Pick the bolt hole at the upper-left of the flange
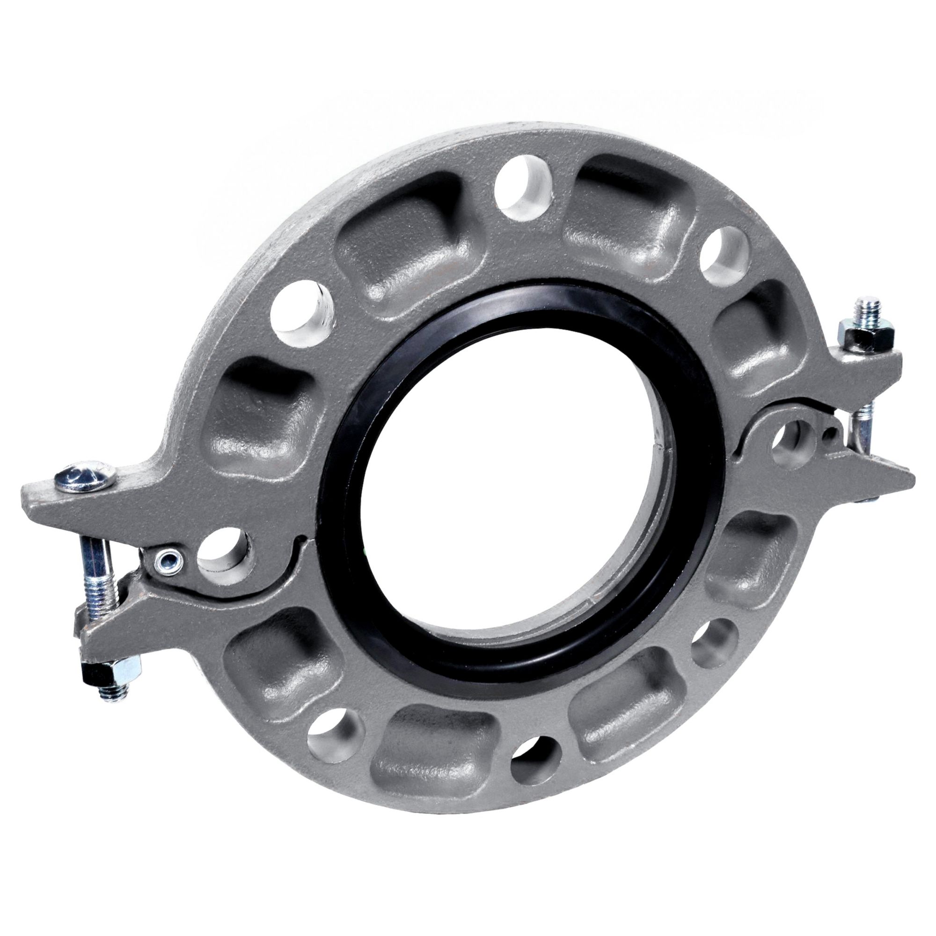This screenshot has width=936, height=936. pos(300,312)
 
